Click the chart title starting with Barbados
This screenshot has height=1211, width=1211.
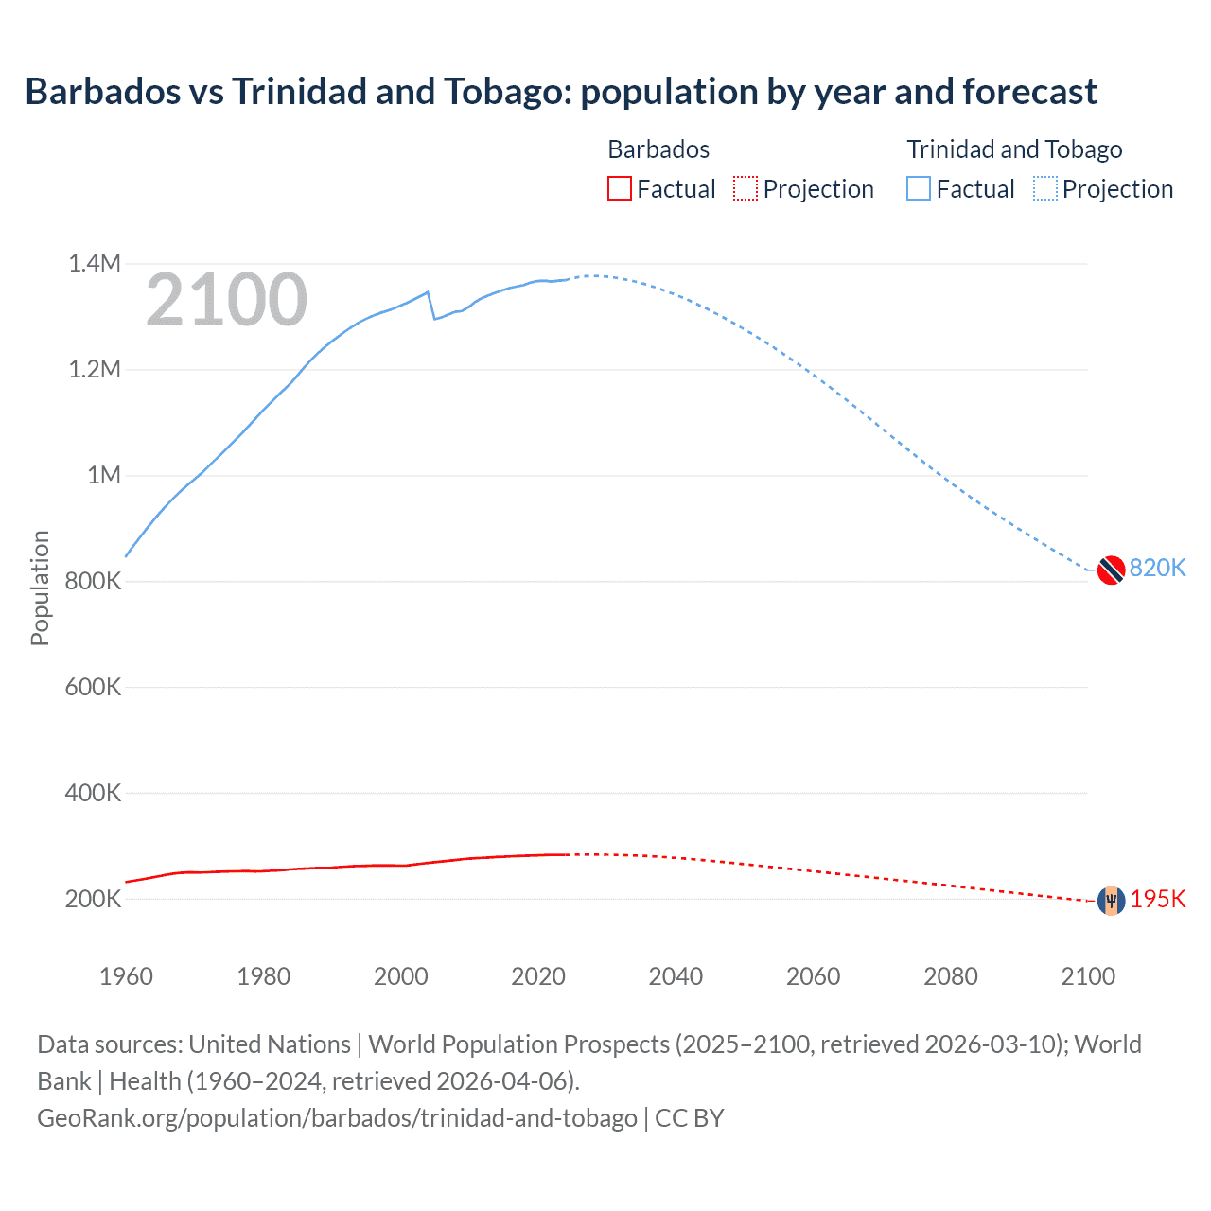(x=560, y=92)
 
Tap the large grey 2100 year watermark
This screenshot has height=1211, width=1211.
(x=226, y=300)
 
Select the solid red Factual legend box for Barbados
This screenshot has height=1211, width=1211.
(x=619, y=189)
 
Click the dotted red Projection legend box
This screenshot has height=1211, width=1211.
(x=746, y=189)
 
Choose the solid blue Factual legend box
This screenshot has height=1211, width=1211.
(x=919, y=189)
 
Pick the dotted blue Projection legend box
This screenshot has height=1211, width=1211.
(x=1044, y=189)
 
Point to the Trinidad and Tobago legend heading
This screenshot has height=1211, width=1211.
(x=1014, y=149)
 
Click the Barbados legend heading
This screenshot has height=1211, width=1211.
(x=658, y=149)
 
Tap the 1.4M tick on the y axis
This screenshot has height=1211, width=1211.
(x=95, y=263)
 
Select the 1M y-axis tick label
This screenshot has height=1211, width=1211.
(x=104, y=475)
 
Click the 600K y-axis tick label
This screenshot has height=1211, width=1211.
(x=93, y=687)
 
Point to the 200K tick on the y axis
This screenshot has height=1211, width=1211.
(x=93, y=899)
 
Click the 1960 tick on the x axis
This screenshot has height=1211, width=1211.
(x=126, y=976)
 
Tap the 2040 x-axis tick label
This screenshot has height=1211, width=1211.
(x=676, y=976)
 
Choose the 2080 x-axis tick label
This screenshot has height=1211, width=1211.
(x=951, y=976)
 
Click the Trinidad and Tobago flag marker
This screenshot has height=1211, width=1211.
(x=1111, y=570)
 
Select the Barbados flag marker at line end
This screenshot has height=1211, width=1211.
(x=1111, y=901)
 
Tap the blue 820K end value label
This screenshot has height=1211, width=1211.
(x=1157, y=568)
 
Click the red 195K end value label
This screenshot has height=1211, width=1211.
(x=1157, y=899)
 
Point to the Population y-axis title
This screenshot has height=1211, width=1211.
(x=40, y=588)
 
